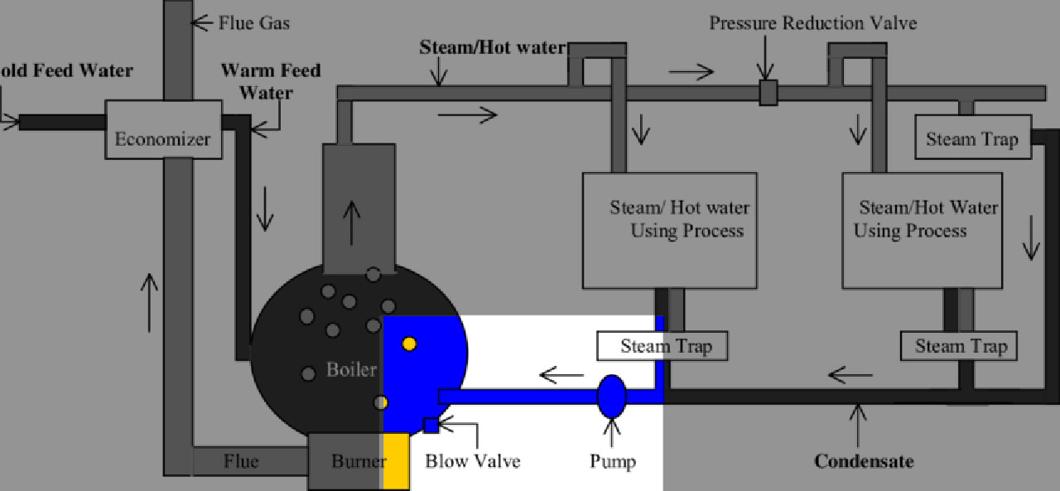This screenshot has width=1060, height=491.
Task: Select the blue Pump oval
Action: click(x=612, y=396)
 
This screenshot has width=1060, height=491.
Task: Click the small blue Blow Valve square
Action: click(x=431, y=426)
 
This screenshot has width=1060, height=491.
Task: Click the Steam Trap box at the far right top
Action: click(x=971, y=138)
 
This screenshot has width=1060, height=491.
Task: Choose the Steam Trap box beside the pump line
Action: click(x=662, y=346)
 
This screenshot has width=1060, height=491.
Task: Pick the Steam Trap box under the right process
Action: click(x=959, y=346)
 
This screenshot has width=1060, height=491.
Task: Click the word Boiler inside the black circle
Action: click(x=351, y=369)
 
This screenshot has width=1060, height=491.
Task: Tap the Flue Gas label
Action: click(x=254, y=22)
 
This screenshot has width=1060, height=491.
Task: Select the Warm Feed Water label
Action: click(x=271, y=80)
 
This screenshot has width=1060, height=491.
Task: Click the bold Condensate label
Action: click(x=864, y=460)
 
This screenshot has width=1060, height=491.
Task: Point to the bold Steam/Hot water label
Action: click(x=492, y=48)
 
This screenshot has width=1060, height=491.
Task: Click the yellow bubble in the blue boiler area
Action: click(x=409, y=344)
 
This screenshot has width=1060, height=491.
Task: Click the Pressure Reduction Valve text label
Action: click(x=812, y=22)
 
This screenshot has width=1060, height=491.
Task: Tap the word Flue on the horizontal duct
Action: click(x=240, y=460)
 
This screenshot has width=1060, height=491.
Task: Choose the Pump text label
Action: click(x=613, y=460)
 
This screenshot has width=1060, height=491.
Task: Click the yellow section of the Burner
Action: click(x=397, y=460)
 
